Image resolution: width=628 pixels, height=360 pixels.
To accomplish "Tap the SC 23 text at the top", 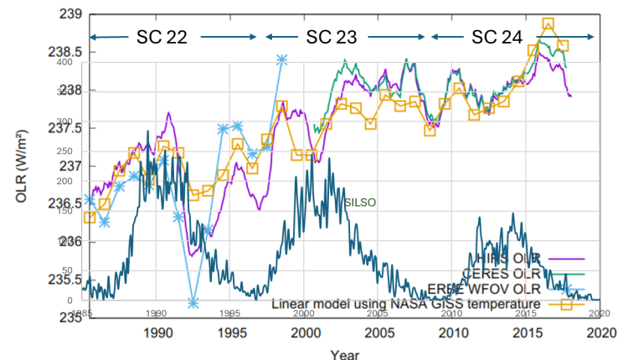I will [x=331, y=37].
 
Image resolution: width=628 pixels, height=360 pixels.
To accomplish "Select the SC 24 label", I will [x=497, y=37].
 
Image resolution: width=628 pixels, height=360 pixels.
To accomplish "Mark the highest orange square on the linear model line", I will [x=548, y=24].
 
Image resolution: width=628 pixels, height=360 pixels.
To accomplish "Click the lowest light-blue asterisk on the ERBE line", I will [x=193, y=302].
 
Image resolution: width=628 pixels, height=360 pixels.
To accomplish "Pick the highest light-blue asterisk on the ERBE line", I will [x=282, y=59].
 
